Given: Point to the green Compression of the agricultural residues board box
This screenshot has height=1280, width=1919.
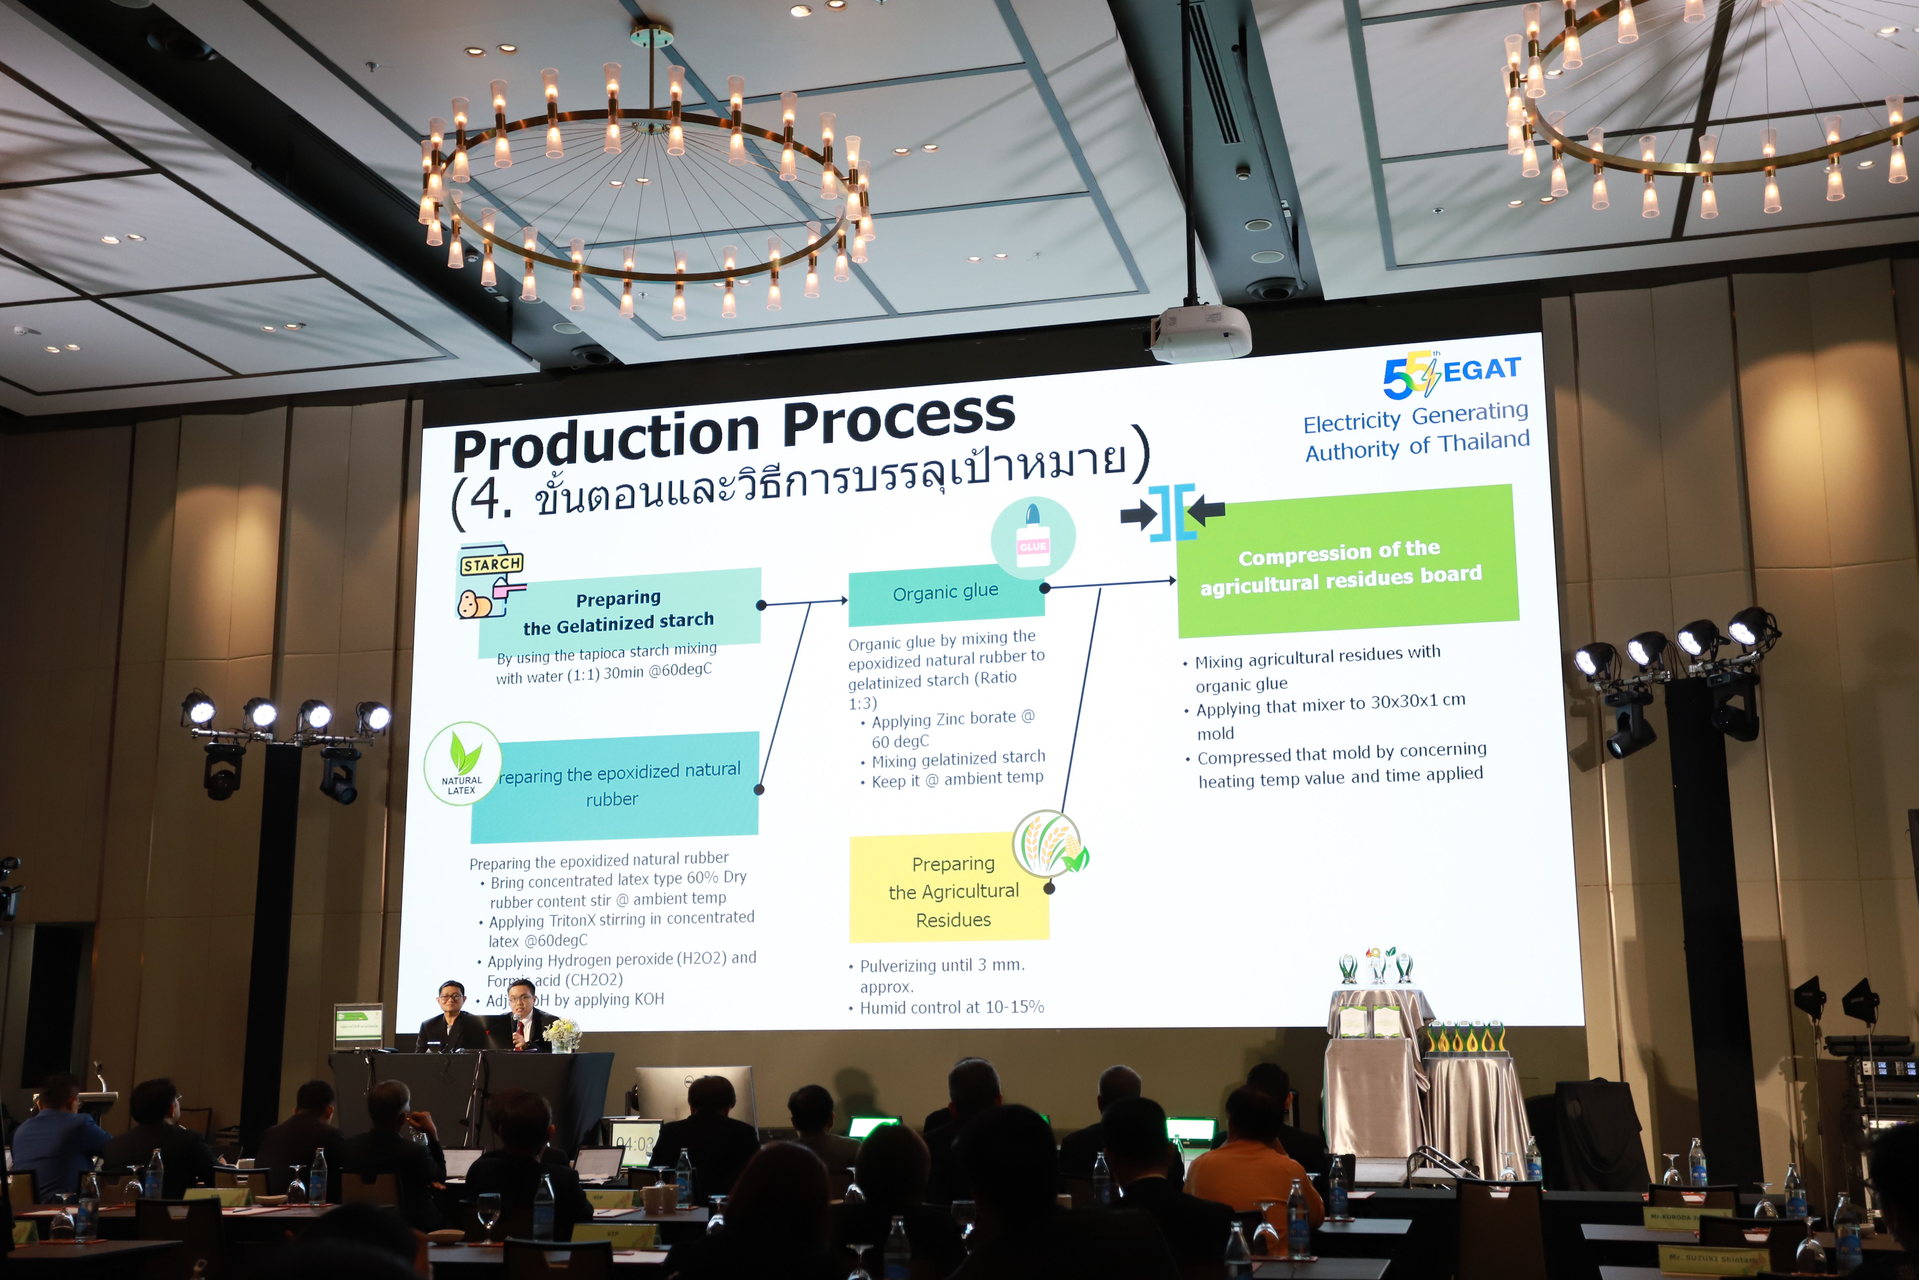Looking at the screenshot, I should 1346,563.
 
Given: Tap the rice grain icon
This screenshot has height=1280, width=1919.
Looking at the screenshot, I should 1050,843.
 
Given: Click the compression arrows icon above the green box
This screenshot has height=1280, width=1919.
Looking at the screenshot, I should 1172,513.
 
